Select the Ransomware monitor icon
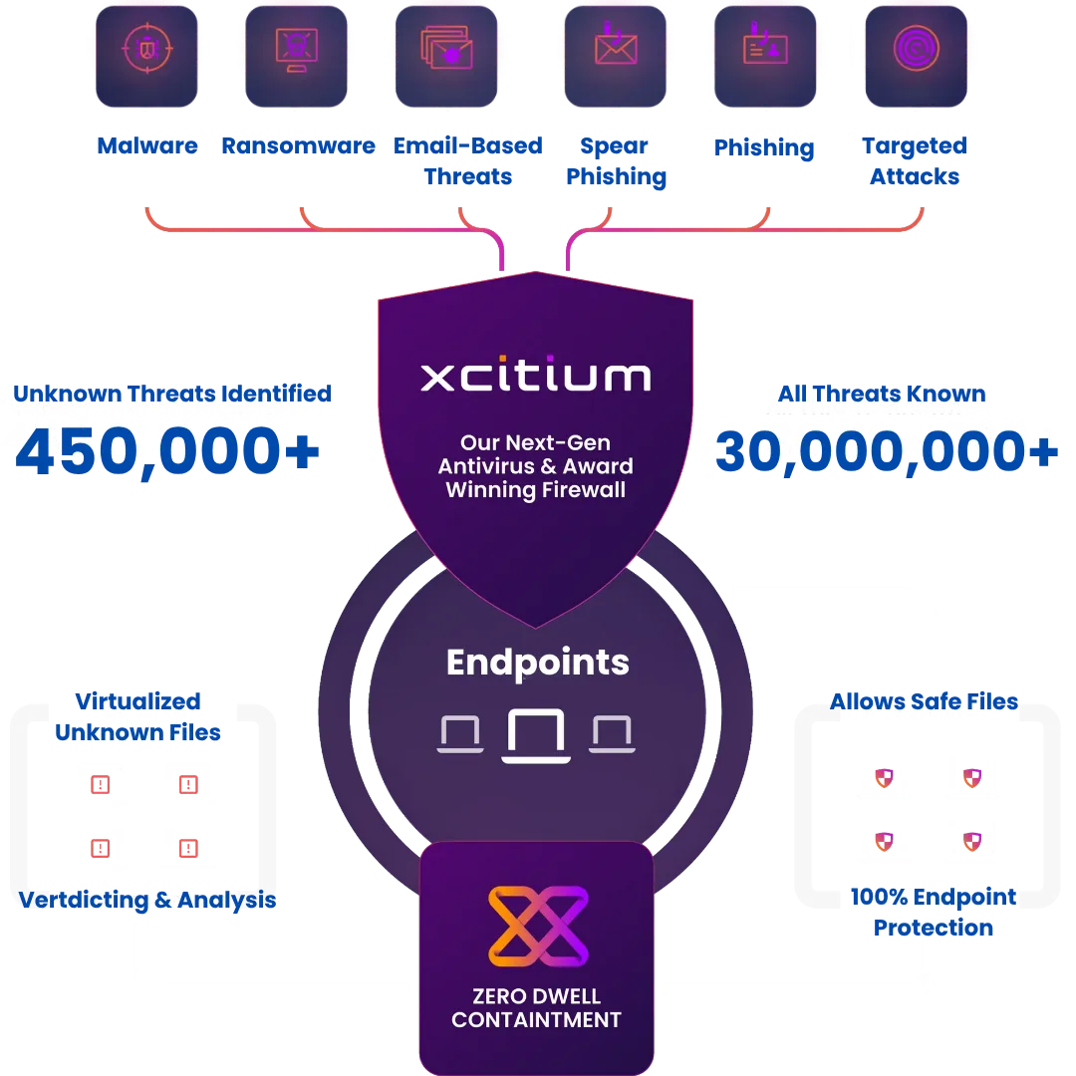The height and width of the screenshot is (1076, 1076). coord(296,52)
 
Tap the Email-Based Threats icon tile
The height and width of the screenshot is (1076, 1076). coord(445,52)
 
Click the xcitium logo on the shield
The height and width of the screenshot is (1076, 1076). coord(536,376)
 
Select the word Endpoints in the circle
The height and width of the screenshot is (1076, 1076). coord(538,663)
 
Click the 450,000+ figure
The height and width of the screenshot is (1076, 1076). coord(167,451)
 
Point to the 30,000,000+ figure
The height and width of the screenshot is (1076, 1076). coord(885,451)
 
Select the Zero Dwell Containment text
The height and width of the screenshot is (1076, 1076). coord(536,1007)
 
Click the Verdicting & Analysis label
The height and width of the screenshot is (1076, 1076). coord(147,900)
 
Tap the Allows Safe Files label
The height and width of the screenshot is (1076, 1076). coord(924,701)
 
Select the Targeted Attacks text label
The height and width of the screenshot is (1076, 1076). coord(915,162)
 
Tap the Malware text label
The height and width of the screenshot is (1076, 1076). coord(147,146)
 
